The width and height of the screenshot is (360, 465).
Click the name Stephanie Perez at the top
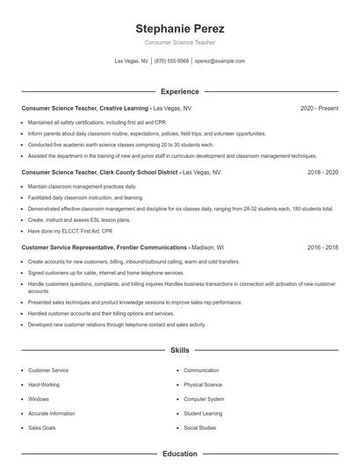pyautogui.click(x=179, y=28)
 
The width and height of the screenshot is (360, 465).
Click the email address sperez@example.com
pyautogui.click(x=220, y=61)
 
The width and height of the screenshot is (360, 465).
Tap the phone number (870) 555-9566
pyautogui.click(x=171, y=61)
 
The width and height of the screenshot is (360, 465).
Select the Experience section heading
pyautogui.click(x=179, y=91)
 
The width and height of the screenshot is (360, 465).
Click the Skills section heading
pyautogui.click(x=179, y=350)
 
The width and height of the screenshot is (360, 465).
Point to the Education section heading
pyautogui.click(x=179, y=454)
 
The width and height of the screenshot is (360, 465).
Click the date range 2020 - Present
pyautogui.click(x=319, y=109)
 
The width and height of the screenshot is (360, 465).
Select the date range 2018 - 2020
pyautogui.click(x=322, y=174)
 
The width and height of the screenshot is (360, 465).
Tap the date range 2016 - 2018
pyautogui.click(x=322, y=248)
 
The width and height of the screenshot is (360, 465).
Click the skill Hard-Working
pyautogui.click(x=44, y=384)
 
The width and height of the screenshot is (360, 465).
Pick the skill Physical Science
pyautogui.click(x=204, y=384)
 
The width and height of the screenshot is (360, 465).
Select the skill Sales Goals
pyautogui.click(x=41, y=427)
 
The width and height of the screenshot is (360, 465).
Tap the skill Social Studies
pyautogui.click(x=199, y=427)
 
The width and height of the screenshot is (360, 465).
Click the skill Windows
pyautogui.click(x=39, y=398)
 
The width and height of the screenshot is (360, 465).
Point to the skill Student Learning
pyautogui.click(x=204, y=413)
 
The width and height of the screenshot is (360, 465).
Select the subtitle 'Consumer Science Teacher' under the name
pyautogui.click(x=179, y=42)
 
